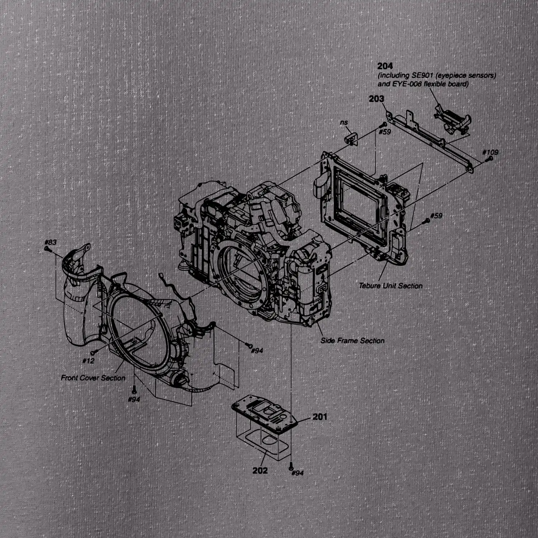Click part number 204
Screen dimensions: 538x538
click(x=385, y=66)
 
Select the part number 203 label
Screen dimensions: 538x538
click(x=376, y=99)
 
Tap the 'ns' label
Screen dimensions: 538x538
click(x=344, y=123)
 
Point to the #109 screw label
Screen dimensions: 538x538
click(x=490, y=152)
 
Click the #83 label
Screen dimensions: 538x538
click(x=50, y=242)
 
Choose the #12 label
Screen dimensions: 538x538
click(x=88, y=361)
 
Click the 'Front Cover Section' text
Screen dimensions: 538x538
click(x=93, y=378)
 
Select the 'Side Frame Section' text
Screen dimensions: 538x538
click(x=352, y=341)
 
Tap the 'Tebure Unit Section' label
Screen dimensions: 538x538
click(x=391, y=286)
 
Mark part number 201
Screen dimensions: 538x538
click(x=320, y=416)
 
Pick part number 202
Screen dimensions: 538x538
click(x=260, y=470)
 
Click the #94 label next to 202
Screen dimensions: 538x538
click(x=297, y=473)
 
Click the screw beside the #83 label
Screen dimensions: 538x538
click(x=46, y=249)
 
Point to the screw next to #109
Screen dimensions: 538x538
click(x=487, y=159)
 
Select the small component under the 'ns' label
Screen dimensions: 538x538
click(x=351, y=139)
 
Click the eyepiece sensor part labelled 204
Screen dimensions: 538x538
click(x=452, y=119)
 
